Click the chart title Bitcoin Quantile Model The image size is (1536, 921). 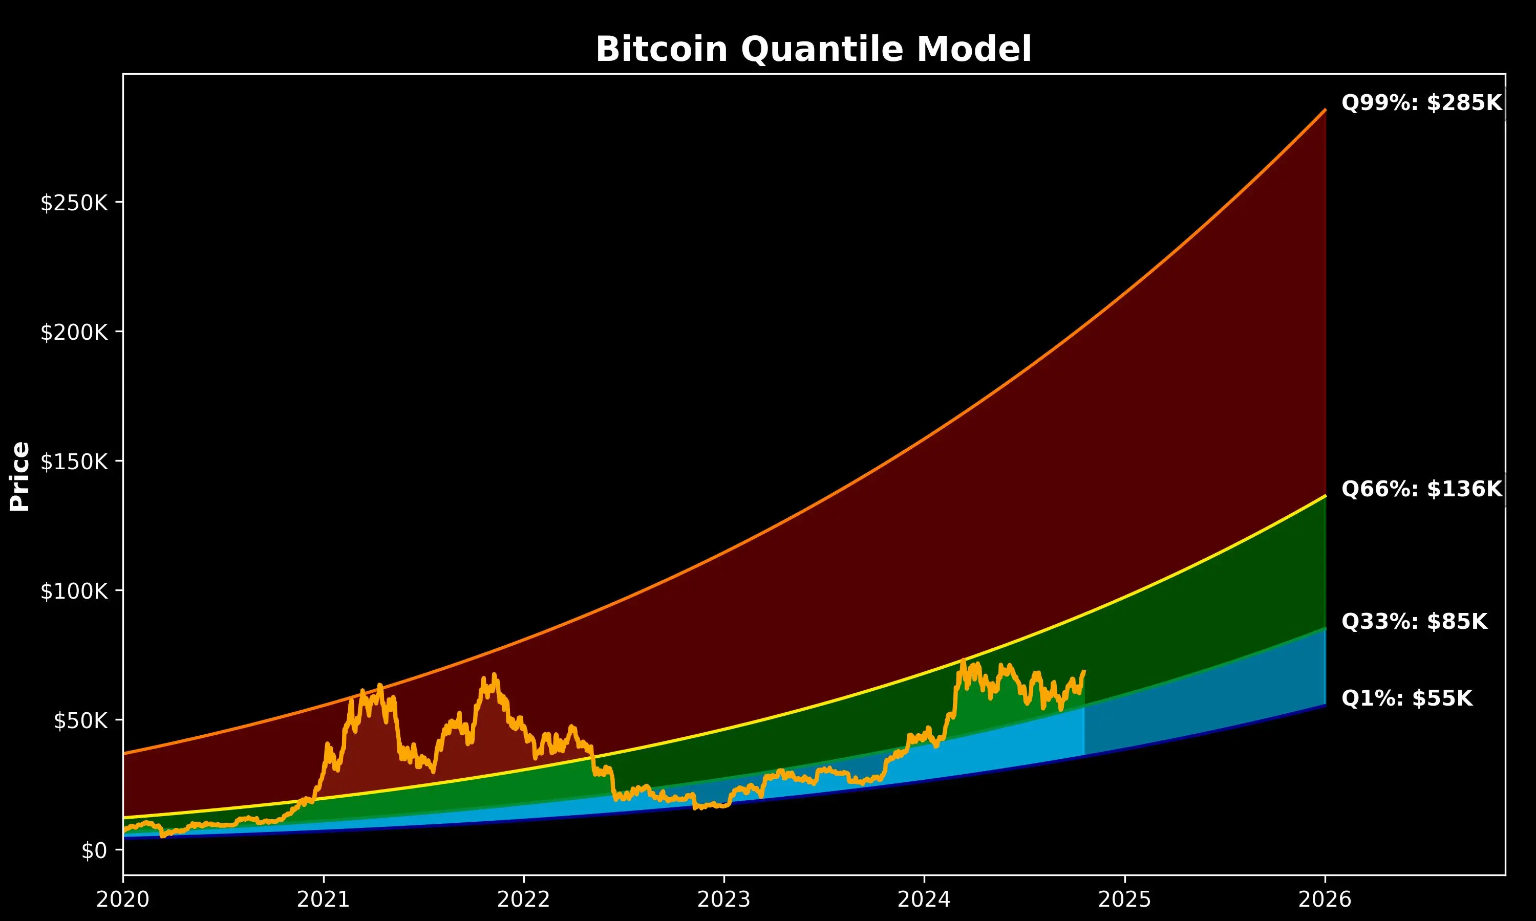[814, 49]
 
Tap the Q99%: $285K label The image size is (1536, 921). [1421, 102]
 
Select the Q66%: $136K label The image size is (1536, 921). [1421, 489]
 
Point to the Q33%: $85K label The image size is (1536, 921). [1414, 621]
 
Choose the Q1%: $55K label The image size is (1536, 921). [1406, 698]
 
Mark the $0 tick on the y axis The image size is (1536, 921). [94, 850]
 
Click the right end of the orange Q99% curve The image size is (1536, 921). [1325, 111]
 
